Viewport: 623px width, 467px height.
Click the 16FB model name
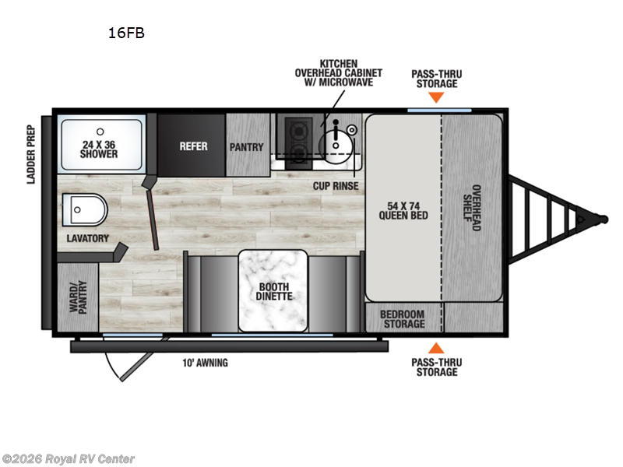[x=126, y=33]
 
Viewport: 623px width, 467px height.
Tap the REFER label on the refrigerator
[x=193, y=146]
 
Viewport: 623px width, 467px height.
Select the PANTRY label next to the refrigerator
[x=246, y=147]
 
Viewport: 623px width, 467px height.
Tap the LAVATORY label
[x=87, y=238]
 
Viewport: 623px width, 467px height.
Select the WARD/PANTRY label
[x=78, y=297]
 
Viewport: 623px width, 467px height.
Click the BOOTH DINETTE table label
[x=275, y=291]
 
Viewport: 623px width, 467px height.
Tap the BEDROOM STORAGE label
[x=403, y=318]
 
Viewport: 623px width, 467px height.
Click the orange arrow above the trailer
[x=437, y=98]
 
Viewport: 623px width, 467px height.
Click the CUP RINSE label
[x=336, y=187]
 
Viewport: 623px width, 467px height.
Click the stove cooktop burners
[x=296, y=139]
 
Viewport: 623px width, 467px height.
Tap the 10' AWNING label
[x=206, y=363]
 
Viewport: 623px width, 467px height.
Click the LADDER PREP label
[x=32, y=154]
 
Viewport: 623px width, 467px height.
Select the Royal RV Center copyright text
[x=69, y=459]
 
